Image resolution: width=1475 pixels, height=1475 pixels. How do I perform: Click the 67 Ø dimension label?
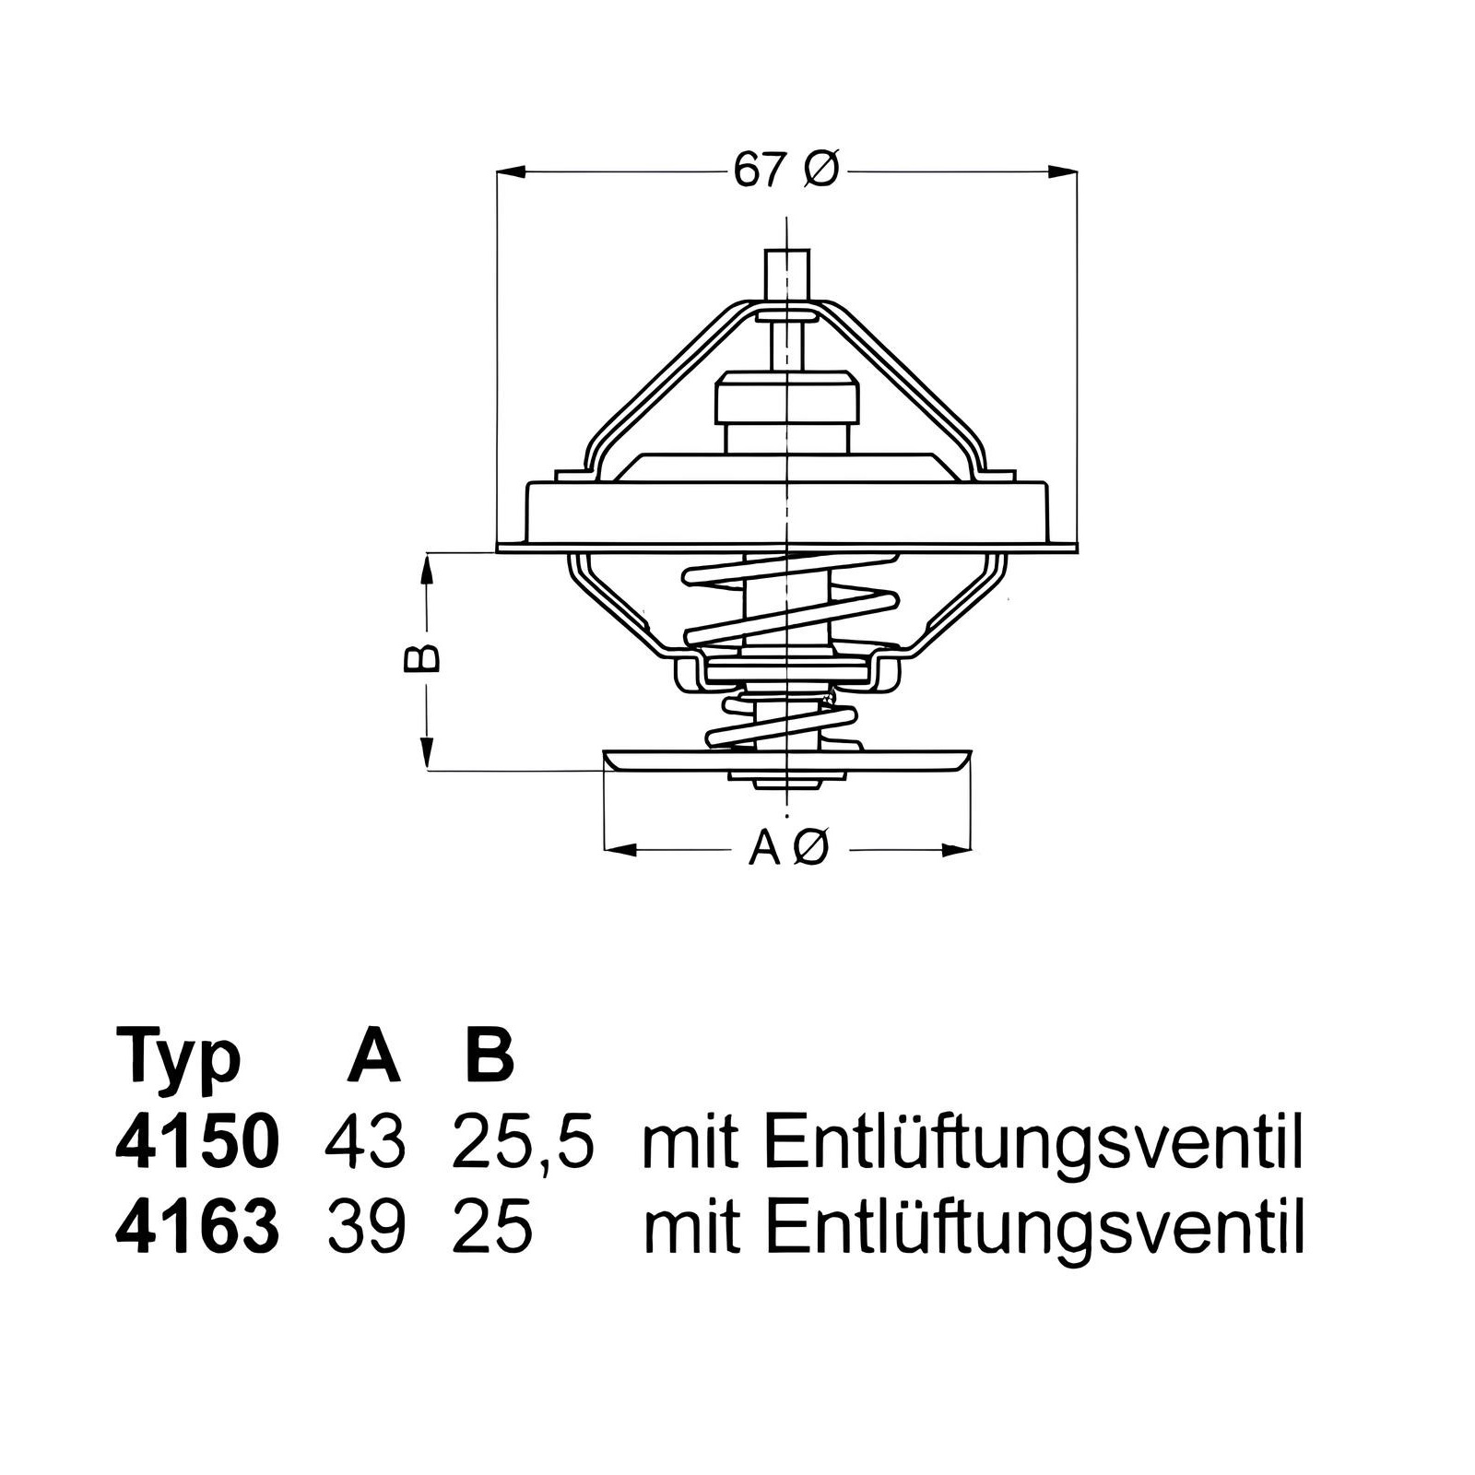tap(786, 171)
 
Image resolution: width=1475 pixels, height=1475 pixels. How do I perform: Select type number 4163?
tap(196, 1226)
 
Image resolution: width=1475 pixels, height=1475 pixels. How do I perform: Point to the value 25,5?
tap(523, 1144)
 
